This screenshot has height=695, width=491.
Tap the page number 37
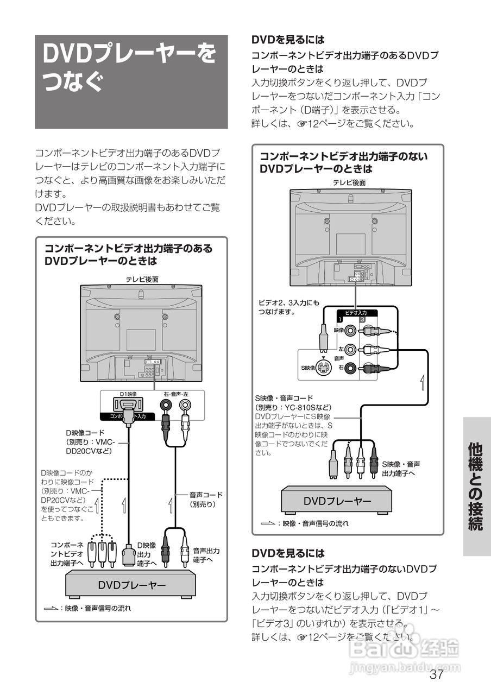pos(436,675)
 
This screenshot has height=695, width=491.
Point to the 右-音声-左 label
pos(175,393)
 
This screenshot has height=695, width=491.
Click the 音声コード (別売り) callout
pos(206,499)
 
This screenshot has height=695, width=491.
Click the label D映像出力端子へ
pos(147,554)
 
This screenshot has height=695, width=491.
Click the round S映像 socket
pos(324,368)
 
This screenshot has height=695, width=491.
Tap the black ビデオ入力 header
pos(357,313)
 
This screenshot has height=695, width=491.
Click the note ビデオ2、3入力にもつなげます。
pos(289,307)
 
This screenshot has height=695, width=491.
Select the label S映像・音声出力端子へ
pos(400,469)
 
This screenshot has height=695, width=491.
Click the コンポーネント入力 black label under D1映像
pos(128,416)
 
